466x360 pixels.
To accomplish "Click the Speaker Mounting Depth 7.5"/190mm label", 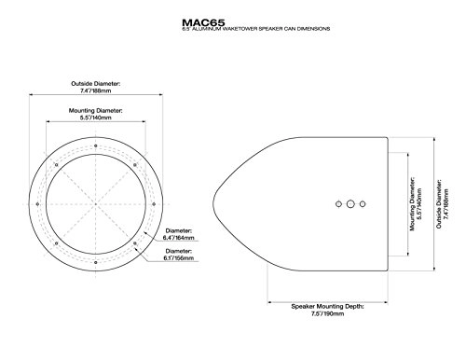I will (327, 309).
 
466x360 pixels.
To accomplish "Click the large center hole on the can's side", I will (349, 202).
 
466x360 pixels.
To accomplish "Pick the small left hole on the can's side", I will (337, 202).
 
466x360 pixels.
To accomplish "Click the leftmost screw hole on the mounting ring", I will (37, 204).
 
